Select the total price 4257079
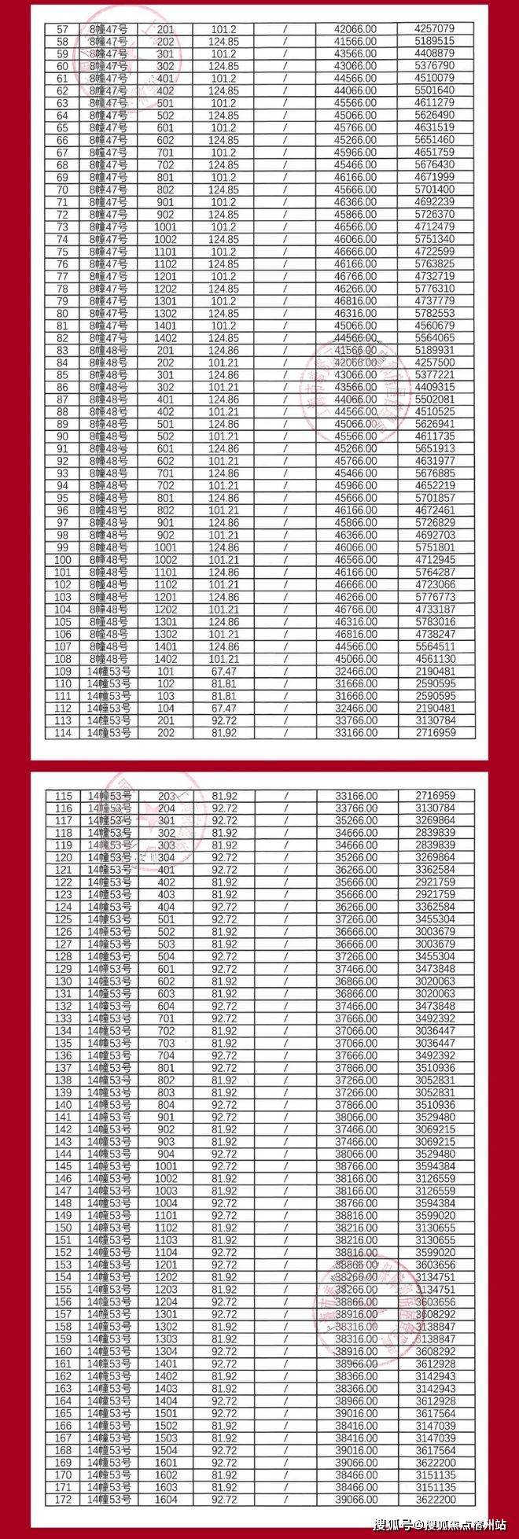point(434,29)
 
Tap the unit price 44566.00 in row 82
point(355,338)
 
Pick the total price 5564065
point(434,338)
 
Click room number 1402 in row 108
point(166,659)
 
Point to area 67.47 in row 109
point(224,672)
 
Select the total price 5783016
point(434,622)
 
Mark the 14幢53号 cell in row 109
point(109,672)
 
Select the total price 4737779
point(434,301)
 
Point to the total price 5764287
point(434,573)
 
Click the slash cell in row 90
point(286,436)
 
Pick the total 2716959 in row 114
point(434,733)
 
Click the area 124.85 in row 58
point(224,42)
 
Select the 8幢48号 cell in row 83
point(109,351)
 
